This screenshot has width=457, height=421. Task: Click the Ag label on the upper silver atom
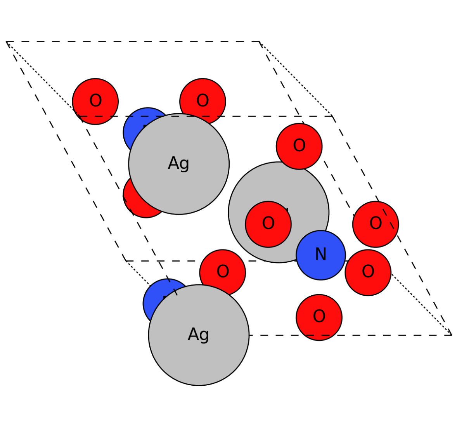(178, 163)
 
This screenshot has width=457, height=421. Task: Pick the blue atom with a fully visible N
(320, 255)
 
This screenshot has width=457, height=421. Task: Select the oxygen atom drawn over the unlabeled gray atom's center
(268, 224)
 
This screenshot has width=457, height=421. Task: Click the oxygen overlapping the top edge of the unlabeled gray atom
(299, 146)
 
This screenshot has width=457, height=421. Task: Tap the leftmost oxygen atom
(95, 101)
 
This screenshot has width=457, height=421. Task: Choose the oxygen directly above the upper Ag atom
(203, 101)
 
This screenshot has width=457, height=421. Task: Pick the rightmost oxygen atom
(376, 224)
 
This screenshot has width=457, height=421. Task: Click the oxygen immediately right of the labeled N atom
(368, 272)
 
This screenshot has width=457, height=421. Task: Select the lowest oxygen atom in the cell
(319, 317)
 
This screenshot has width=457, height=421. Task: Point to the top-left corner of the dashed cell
(7, 42)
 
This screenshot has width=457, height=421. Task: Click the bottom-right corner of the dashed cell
(452, 335)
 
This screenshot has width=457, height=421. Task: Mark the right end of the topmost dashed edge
(259, 42)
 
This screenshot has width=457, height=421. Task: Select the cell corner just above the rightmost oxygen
(332, 116)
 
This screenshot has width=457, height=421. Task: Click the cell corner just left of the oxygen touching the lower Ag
(126, 261)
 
